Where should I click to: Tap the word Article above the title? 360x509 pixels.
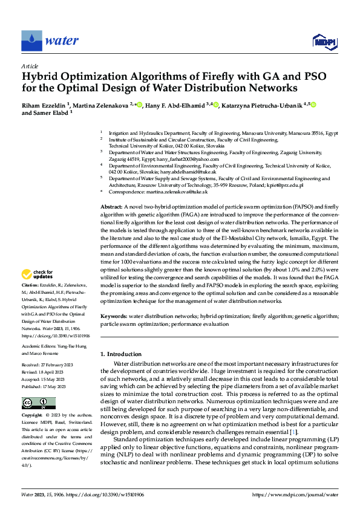[x=30, y=66]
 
